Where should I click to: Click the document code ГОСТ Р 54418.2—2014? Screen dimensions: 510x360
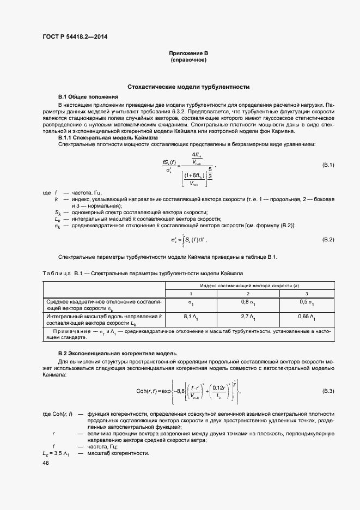(x=79, y=38)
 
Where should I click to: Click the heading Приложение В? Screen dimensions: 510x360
(x=188, y=53)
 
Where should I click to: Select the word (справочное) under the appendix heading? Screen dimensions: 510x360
(x=188, y=59)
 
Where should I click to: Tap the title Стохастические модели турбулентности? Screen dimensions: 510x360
(x=188, y=87)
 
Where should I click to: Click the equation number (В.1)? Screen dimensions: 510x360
(x=328, y=165)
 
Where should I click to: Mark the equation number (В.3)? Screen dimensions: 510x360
(x=328, y=391)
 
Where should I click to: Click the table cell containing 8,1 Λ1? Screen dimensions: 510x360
(x=190, y=317)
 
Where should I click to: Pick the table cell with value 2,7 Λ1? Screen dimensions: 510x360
(x=248, y=317)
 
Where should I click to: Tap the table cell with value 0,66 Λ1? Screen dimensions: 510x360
(x=307, y=317)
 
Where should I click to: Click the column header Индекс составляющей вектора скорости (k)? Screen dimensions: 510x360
(x=249, y=286)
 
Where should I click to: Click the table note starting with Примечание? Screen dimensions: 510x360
(x=188, y=333)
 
